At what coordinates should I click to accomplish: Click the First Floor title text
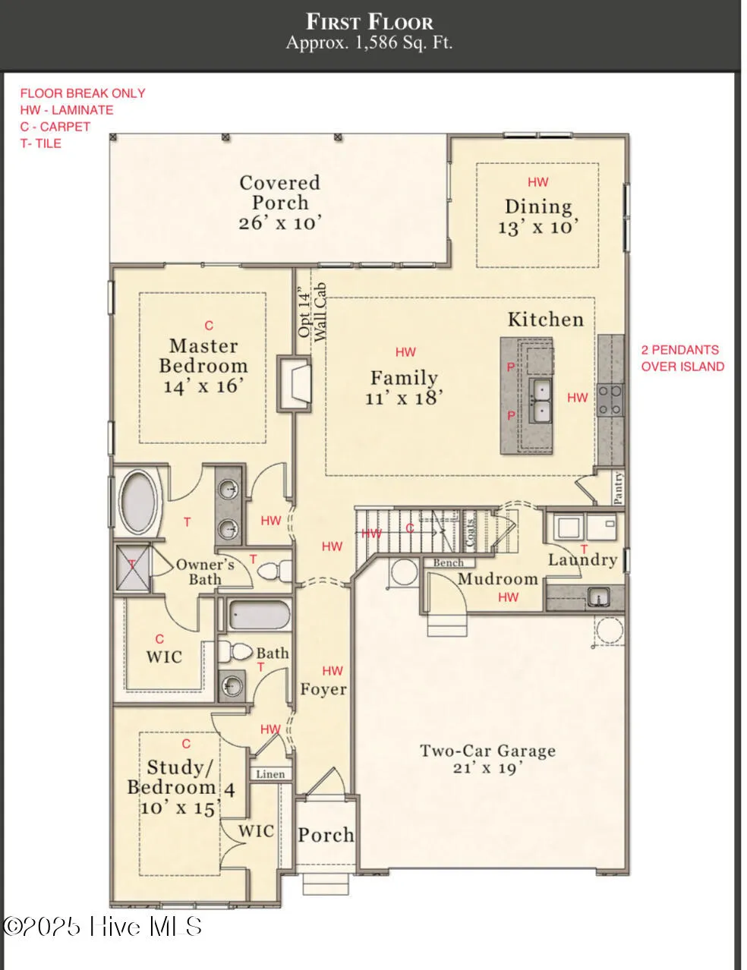click(370, 20)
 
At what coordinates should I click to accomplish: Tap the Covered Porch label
click(279, 193)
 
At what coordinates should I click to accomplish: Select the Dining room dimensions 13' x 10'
click(538, 227)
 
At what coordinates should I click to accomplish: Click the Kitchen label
click(545, 320)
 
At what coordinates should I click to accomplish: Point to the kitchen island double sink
click(541, 401)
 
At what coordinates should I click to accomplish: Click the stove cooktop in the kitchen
click(610, 400)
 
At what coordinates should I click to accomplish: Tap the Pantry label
click(619, 488)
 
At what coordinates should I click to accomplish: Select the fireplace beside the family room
click(295, 383)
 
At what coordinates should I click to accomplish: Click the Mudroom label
click(497, 579)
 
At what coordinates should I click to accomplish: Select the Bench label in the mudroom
click(449, 562)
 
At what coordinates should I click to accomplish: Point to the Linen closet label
click(270, 774)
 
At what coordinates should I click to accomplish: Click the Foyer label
click(323, 689)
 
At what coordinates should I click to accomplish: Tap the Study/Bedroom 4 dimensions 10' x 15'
click(179, 808)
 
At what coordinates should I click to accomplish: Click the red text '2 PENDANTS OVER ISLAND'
click(682, 358)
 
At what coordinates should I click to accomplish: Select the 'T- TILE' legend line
click(40, 143)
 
